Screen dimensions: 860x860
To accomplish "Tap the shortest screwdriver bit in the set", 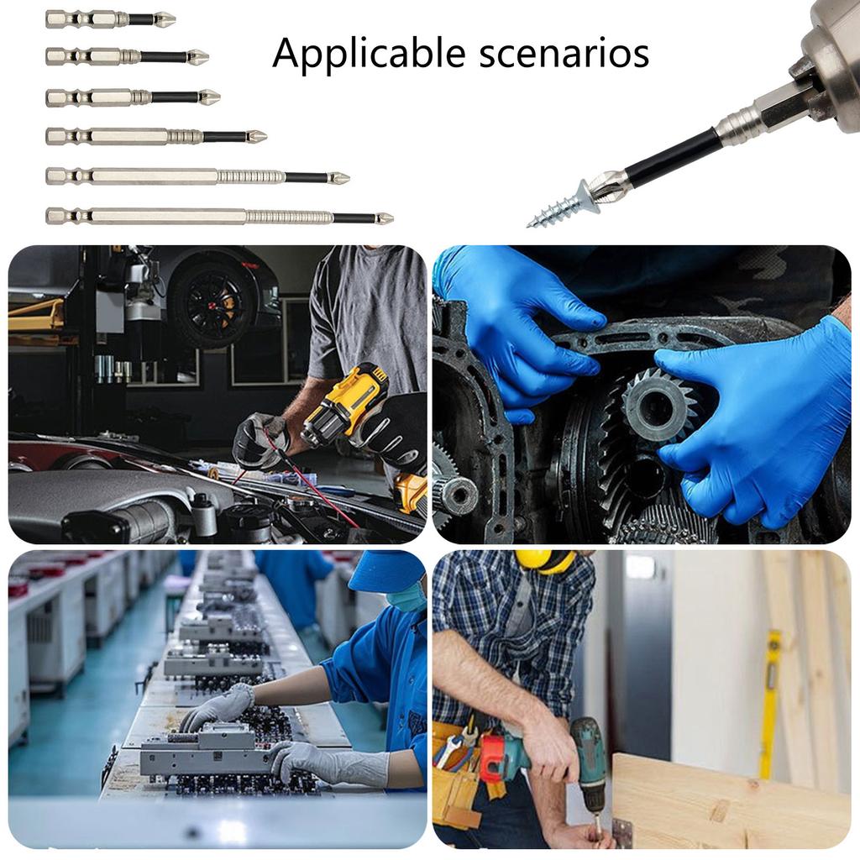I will click(x=109, y=18).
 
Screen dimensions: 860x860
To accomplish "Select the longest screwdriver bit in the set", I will click(x=218, y=217).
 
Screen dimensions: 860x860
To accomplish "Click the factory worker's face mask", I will click(x=408, y=598).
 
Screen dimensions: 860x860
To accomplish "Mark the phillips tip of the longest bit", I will click(x=385, y=218).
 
